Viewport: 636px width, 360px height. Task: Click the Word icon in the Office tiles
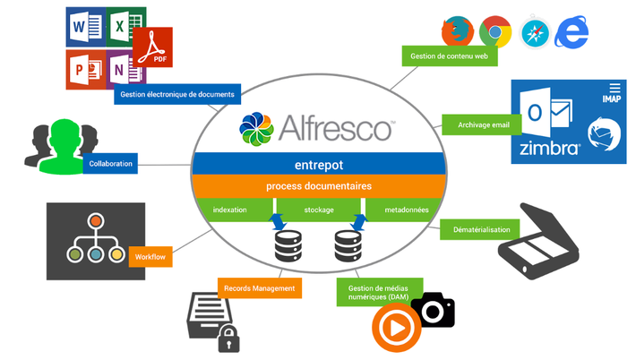click(86, 27)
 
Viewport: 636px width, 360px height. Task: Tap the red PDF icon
click(152, 47)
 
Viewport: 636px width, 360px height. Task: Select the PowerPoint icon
click(86, 69)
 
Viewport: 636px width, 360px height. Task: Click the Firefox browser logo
click(458, 31)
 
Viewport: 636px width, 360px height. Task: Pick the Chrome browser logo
click(495, 31)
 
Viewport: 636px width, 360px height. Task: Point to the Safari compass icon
click(536, 33)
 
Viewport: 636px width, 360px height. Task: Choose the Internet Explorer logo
click(572, 32)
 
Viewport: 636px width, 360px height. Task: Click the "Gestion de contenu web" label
click(450, 56)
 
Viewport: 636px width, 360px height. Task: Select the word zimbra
click(550, 149)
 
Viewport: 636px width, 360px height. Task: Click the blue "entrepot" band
click(319, 165)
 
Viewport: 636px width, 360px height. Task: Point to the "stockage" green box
click(319, 210)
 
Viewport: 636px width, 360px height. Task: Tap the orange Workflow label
click(150, 257)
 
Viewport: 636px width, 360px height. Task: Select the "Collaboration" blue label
click(110, 163)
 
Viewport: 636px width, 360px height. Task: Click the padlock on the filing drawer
click(228, 339)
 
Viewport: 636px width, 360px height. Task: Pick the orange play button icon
click(396, 328)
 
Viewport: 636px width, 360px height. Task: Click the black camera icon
click(433, 310)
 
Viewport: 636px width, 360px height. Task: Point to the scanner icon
click(538, 241)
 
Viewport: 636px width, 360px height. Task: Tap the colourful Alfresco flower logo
click(256, 129)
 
